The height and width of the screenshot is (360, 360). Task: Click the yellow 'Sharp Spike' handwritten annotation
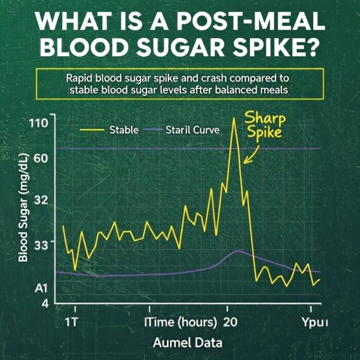pyautogui.click(x=265, y=125)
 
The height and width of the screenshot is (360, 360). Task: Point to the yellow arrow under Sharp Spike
pyautogui.click(x=251, y=154)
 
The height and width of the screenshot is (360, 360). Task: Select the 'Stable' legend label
pyautogui.click(x=123, y=130)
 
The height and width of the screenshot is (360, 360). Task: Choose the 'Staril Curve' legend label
pyautogui.click(x=192, y=130)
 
